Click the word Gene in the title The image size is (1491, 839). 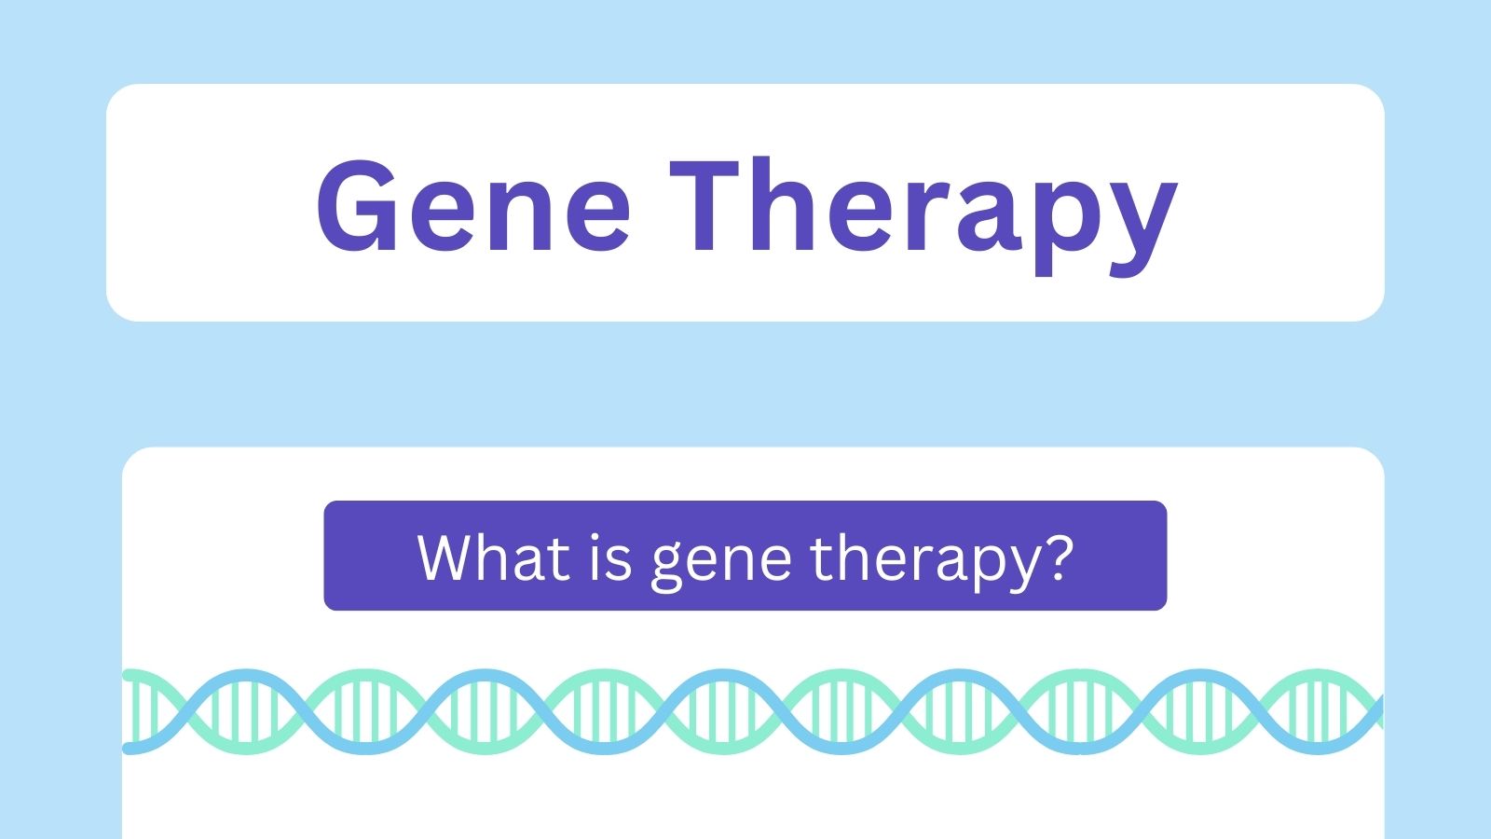[x=473, y=205]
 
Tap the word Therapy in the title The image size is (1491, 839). [x=923, y=215]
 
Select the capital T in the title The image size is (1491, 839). [x=704, y=205]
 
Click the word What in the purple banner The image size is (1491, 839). [x=494, y=557]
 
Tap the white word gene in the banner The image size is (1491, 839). [x=721, y=565]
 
